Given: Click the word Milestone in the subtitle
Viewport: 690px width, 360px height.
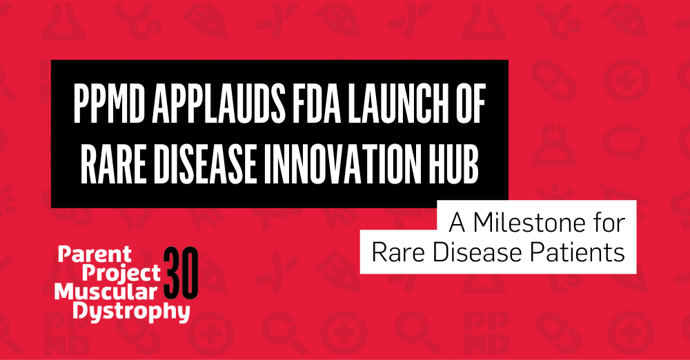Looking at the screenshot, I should coord(530,223).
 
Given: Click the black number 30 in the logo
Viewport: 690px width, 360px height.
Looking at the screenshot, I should coord(182,272).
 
